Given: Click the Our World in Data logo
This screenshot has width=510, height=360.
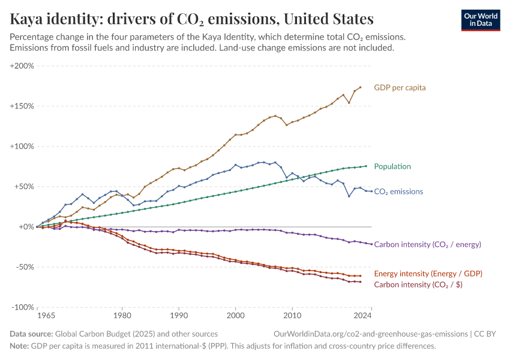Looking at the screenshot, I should (x=480, y=19).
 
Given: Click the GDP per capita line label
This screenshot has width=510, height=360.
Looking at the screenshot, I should (x=400, y=88).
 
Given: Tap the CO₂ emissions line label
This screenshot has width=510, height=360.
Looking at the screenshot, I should (x=398, y=192).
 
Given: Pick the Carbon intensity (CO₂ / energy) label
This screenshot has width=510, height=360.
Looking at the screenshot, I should (x=427, y=244).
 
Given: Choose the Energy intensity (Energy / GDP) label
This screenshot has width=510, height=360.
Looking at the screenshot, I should (x=428, y=274).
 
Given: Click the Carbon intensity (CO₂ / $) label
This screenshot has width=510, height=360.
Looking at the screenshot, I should (x=418, y=284).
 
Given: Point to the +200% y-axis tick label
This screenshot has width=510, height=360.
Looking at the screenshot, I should (x=22, y=66).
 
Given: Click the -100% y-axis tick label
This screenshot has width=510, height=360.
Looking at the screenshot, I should (x=22, y=307).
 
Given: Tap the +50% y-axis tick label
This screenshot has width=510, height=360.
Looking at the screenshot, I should (x=23, y=187).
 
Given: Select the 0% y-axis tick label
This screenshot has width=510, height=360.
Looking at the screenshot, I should (x=25, y=227).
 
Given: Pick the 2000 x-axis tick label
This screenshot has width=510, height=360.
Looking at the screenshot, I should (x=236, y=315).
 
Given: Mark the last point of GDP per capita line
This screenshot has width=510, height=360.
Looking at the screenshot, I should (x=360, y=87).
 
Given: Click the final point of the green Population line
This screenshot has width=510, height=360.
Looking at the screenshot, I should (x=366, y=166).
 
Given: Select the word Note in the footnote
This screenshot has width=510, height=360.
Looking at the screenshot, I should (x=19, y=346).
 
